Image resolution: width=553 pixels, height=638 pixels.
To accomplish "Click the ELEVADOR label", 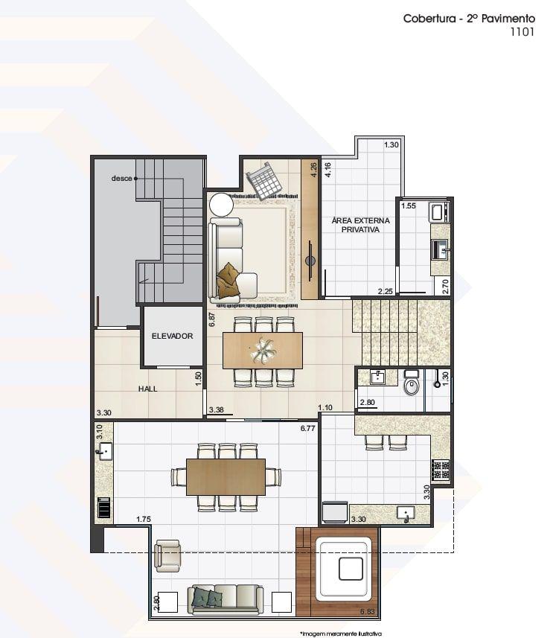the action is tap(172, 336).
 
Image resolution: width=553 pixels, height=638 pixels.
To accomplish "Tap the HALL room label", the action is tap(147, 389).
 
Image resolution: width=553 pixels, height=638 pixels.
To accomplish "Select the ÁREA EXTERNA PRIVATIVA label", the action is tap(360, 225).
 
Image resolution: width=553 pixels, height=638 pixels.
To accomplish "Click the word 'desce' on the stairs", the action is tap(121, 178).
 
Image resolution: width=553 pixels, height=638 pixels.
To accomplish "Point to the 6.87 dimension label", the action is tap(211, 319).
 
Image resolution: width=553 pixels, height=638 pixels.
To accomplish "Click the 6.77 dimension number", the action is tap(307, 428).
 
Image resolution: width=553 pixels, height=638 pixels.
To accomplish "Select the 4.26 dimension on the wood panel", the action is tap(313, 170).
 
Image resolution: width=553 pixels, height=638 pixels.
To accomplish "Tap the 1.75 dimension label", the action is tap(143, 519).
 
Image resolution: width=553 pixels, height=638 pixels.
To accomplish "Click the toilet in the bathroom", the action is tap(411, 382).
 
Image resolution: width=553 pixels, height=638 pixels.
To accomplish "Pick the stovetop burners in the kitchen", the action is tap(441, 470).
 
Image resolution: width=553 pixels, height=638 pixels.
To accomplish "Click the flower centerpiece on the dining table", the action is tap(263, 350).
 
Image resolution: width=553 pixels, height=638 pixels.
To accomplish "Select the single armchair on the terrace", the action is tap(167, 556).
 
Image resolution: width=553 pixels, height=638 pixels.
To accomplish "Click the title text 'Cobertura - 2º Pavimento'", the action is tap(469, 19).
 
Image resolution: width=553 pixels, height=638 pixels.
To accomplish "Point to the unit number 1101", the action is tap(522, 32).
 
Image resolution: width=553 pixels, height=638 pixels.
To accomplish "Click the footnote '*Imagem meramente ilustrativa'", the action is tap(341, 634).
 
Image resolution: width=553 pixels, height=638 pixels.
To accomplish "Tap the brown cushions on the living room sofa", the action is tap(227, 281).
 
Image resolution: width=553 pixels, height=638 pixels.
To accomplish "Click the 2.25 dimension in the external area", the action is tap(385, 291).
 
